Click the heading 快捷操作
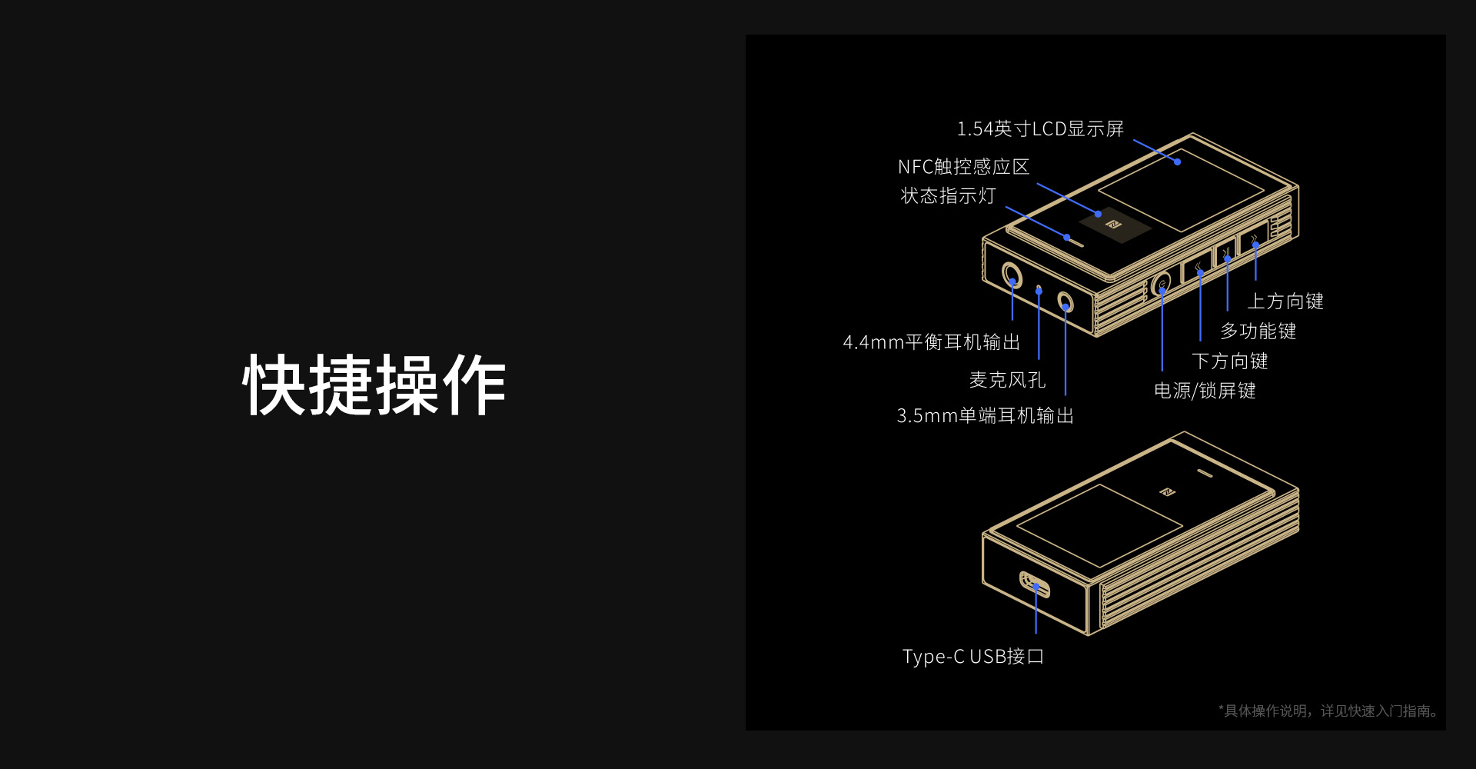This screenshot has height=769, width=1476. [374, 385]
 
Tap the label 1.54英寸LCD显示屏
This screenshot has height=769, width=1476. [1039, 129]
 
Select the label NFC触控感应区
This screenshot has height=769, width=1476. [963, 167]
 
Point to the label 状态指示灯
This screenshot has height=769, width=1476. [948, 196]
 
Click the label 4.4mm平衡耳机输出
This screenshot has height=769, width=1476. [931, 342]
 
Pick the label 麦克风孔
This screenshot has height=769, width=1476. [1007, 380]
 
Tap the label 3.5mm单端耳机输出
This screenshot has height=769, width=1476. [985, 416]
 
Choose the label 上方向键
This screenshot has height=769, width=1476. [1285, 301]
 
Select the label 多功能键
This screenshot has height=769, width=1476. [1258, 331]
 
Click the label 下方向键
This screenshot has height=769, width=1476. [1229, 361]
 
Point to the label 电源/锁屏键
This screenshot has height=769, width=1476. [1205, 391]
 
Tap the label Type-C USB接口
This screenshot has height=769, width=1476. [972, 657]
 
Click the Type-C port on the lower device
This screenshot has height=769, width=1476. [1035, 584]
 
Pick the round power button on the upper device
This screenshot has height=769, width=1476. [1162, 286]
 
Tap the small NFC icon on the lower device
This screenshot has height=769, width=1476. [1167, 491]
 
